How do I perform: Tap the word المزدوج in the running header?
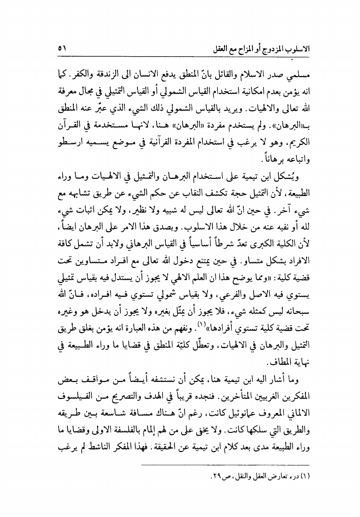coord(281,48)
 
